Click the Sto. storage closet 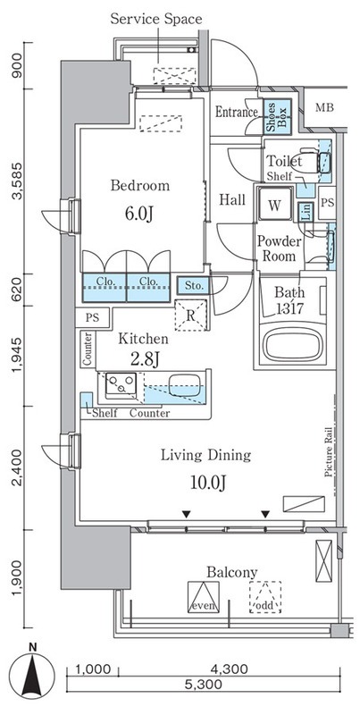[x=193, y=287]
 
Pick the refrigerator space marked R [x=190, y=314]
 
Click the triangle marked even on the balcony [x=204, y=596]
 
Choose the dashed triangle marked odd [x=264, y=596]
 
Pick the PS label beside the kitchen [x=93, y=317]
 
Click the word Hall [x=233, y=199]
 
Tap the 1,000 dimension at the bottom [x=93, y=668]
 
